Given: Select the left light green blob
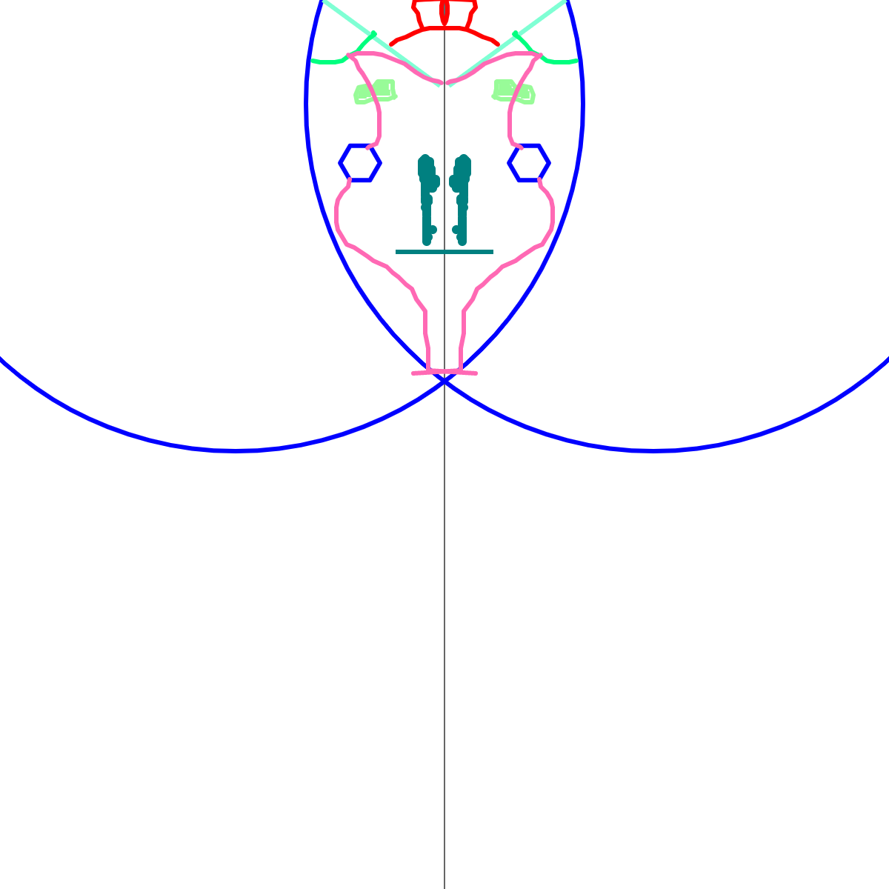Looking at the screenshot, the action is [374, 91].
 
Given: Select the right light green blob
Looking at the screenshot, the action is [513, 91].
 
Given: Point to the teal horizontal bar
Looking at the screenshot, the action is [444, 252].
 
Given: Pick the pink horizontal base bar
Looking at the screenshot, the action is [444, 372].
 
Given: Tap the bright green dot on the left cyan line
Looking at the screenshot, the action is [373, 34].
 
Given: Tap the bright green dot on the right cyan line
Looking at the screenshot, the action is [516, 34].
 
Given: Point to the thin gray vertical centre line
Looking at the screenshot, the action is [444, 593].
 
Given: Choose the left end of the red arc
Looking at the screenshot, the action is [391, 44].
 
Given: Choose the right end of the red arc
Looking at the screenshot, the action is [498, 44].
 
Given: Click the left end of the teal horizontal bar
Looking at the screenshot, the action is [397, 252].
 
